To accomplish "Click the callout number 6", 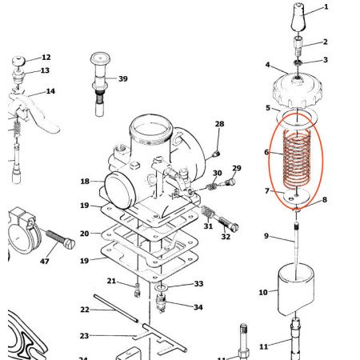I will pyautogui.click(x=267, y=152).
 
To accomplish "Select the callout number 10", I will pyautogui.click(x=263, y=293).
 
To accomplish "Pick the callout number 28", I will pyautogui.click(x=219, y=124).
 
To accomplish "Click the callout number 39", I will pyautogui.click(x=122, y=78).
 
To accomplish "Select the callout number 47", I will pyautogui.click(x=44, y=262).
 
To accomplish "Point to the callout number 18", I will pyautogui.click(x=85, y=182).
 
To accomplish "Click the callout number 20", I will pyautogui.click(x=85, y=234).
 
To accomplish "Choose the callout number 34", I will pyautogui.click(x=198, y=306).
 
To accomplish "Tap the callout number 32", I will pyautogui.click(x=226, y=237).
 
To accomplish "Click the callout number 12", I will pyautogui.click(x=46, y=58).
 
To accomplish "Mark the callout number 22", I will pyautogui.click(x=85, y=310).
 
